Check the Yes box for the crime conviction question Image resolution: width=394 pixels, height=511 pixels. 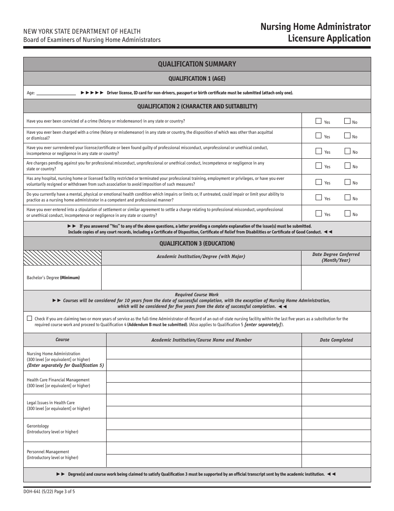[x=319, y=121]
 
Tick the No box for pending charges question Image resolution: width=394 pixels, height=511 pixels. [x=348, y=166]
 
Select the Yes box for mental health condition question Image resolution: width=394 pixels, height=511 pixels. [x=319, y=198]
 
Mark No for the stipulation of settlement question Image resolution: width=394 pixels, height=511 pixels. [x=348, y=214]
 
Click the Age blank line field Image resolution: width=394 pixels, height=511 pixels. [x=56, y=93]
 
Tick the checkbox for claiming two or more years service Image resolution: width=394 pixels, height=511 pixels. [x=29, y=318]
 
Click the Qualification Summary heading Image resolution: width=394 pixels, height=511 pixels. [x=197, y=64]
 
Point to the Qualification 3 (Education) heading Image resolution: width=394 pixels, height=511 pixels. [x=197, y=243]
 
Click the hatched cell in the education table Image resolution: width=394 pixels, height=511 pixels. [x=63, y=258]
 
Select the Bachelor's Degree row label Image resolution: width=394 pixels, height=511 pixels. [x=53, y=278]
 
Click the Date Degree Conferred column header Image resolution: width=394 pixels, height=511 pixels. [x=336, y=257]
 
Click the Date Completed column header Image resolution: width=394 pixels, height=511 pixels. [x=336, y=340]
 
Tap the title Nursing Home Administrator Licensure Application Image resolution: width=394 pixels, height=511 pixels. [x=315, y=33]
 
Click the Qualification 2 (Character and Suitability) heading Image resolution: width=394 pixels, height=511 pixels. [x=197, y=106]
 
